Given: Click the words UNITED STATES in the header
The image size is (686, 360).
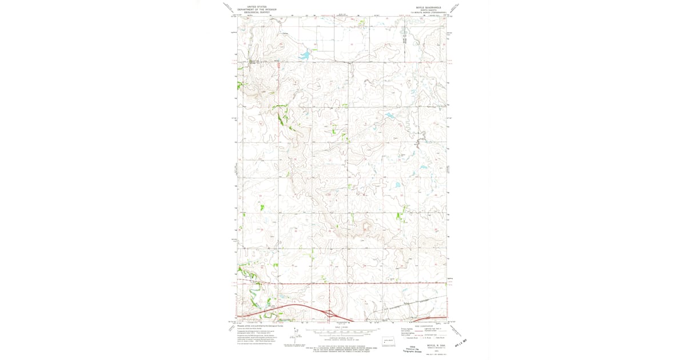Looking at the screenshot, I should coord(249,6).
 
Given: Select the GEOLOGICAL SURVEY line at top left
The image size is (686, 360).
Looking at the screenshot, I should coord(249,12).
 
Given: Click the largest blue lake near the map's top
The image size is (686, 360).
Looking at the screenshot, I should coord(304,55).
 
